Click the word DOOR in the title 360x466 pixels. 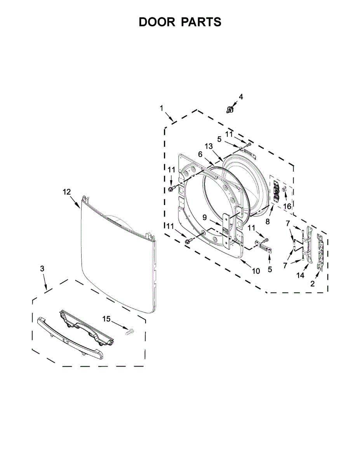[x=157, y=22]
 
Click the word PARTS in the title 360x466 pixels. [x=201, y=22]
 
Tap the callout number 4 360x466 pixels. [x=241, y=97]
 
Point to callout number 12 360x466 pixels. [x=67, y=191]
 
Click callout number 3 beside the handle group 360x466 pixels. [x=42, y=269]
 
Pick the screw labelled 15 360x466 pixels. [x=129, y=331]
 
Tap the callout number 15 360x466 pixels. [x=106, y=319]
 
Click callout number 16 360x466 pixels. [x=287, y=206]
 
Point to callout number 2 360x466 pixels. [x=313, y=284]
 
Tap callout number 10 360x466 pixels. [x=256, y=271]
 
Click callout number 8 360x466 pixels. [x=267, y=222]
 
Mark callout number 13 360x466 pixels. [x=209, y=146]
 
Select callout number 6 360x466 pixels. [x=200, y=154]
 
